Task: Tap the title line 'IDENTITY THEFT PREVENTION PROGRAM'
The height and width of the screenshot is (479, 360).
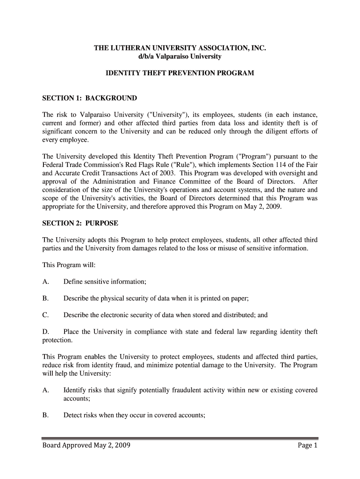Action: pyautogui.click(x=180, y=73)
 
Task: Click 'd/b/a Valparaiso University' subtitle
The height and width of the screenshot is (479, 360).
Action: pyautogui.click(x=180, y=57)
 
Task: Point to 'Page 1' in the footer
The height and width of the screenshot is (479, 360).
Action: pyautogui.click(x=307, y=445)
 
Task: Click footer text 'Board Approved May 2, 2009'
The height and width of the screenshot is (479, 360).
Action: pyautogui.click(x=86, y=445)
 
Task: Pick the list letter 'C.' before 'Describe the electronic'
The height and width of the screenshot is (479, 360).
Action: pyautogui.click(x=46, y=315)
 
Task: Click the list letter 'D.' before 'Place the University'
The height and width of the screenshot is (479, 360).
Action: pyautogui.click(x=46, y=332)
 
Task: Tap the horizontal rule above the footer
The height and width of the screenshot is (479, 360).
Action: pyautogui.click(x=180, y=438)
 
